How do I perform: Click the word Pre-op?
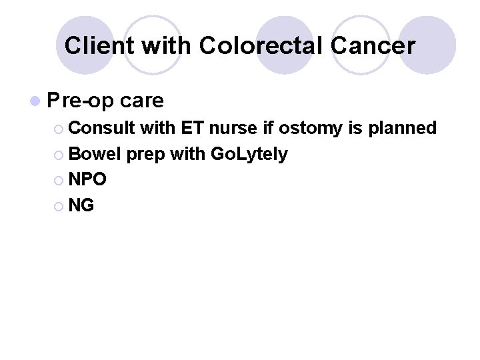click(81, 101)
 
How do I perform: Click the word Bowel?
click(94, 154)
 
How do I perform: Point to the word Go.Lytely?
click(249, 154)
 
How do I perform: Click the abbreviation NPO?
click(87, 180)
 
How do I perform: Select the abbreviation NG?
click(81, 206)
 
